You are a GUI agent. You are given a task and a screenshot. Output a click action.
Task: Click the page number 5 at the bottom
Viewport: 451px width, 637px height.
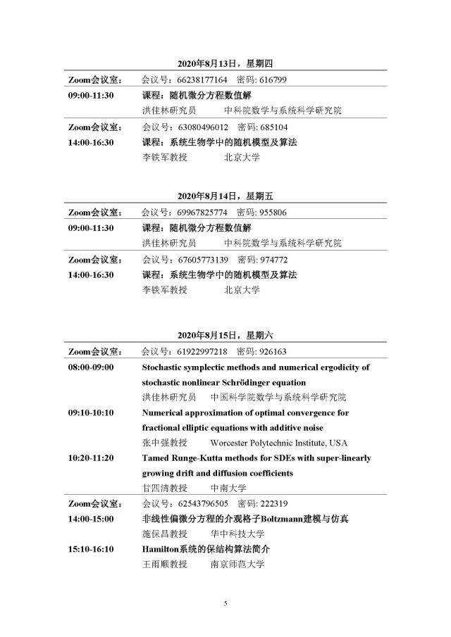225,604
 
